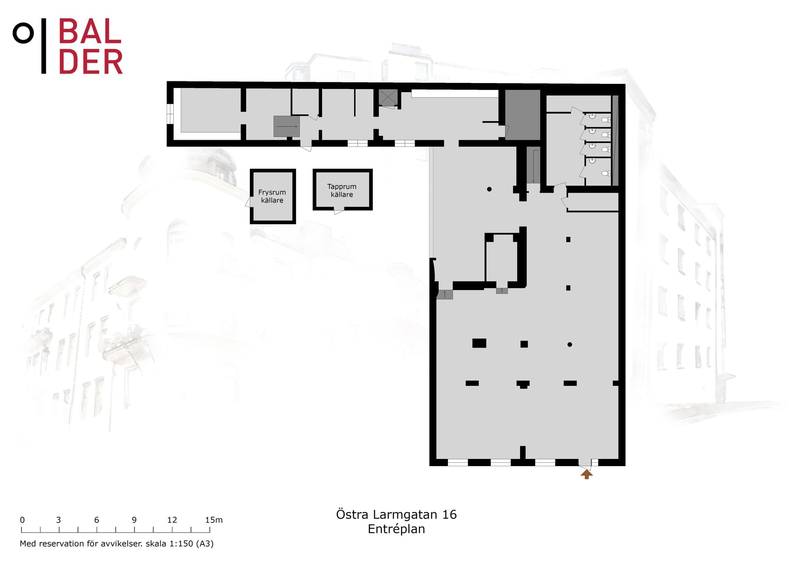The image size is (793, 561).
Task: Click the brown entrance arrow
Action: tap(586, 474)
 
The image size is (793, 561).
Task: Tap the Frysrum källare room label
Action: tap(272, 196)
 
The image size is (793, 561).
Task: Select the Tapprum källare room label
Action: tap(342, 190)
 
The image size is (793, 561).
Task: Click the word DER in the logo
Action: tap(91, 62)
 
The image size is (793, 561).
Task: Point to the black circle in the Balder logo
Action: tap(23, 33)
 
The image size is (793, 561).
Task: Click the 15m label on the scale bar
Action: tap(214, 520)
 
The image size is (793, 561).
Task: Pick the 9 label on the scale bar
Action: tap(134, 520)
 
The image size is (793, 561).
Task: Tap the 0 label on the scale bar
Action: tap(22, 520)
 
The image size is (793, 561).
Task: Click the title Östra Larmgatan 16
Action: tap(396, 514)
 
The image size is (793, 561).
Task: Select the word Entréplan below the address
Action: tap(396, 529)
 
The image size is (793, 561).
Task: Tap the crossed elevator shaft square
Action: tap(388, 97)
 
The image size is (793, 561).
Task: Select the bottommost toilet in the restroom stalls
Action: tap(605, 173)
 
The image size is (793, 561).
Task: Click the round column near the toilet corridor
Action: tap(489, 189)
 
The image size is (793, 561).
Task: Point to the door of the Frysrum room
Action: tap(249, 202)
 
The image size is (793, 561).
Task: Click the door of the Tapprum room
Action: tap(339, 212)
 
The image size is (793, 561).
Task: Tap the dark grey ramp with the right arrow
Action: tap(286, 126)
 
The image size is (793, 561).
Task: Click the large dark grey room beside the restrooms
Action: tap(522, 115)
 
